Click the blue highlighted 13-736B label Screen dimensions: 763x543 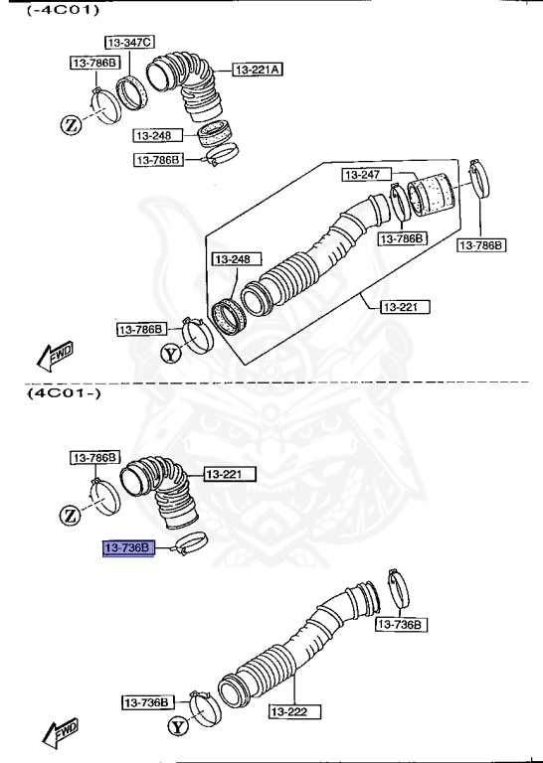point(127,547)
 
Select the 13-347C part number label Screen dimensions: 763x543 point(129,42)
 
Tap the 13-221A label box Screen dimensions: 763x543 point(259,70)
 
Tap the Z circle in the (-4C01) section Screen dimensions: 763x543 point(71,124)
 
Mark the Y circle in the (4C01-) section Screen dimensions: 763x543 point(177,727)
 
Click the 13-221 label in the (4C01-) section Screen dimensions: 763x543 point(230,475)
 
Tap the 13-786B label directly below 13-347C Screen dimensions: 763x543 point(94,63)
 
